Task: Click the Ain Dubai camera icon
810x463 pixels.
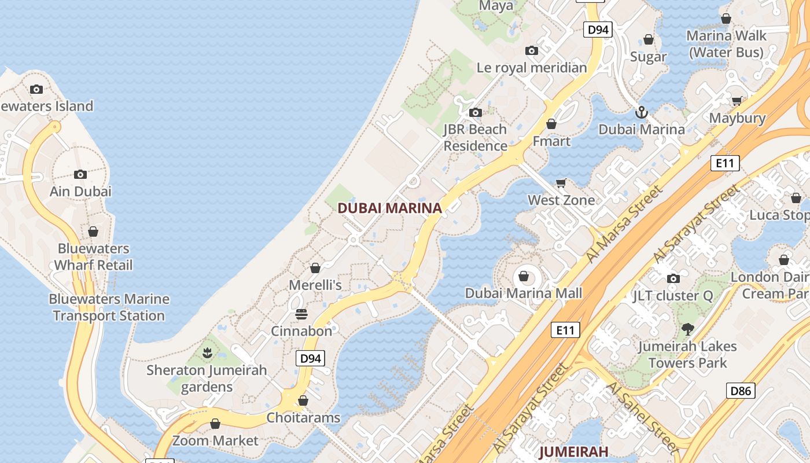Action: point(80,174)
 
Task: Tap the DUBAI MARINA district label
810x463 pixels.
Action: point(389,208)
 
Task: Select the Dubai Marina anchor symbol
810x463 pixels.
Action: point(641,112)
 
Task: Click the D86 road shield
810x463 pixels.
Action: point(741,391)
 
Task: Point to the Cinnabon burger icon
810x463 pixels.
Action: point(301,314)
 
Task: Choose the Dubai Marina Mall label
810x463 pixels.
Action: point(524,293)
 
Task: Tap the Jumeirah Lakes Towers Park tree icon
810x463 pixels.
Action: point(688,329)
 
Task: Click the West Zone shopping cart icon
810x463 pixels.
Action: point(561,183)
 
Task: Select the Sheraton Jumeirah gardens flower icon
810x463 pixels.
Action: point(207,352)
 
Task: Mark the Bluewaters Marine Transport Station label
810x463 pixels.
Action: point(109,307)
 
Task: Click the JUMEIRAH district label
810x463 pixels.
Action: point(574,451)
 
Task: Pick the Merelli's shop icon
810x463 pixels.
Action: point(315,268)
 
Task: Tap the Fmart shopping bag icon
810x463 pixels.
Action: point(551,124)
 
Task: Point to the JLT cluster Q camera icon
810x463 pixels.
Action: point(673,279)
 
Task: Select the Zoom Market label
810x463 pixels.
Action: point(215,440)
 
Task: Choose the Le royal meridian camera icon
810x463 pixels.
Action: point(532,51)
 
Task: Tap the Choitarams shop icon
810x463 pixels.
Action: point(303,400)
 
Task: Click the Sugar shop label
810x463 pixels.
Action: point(649,57)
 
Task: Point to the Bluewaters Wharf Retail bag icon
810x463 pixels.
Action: point(93,232)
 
